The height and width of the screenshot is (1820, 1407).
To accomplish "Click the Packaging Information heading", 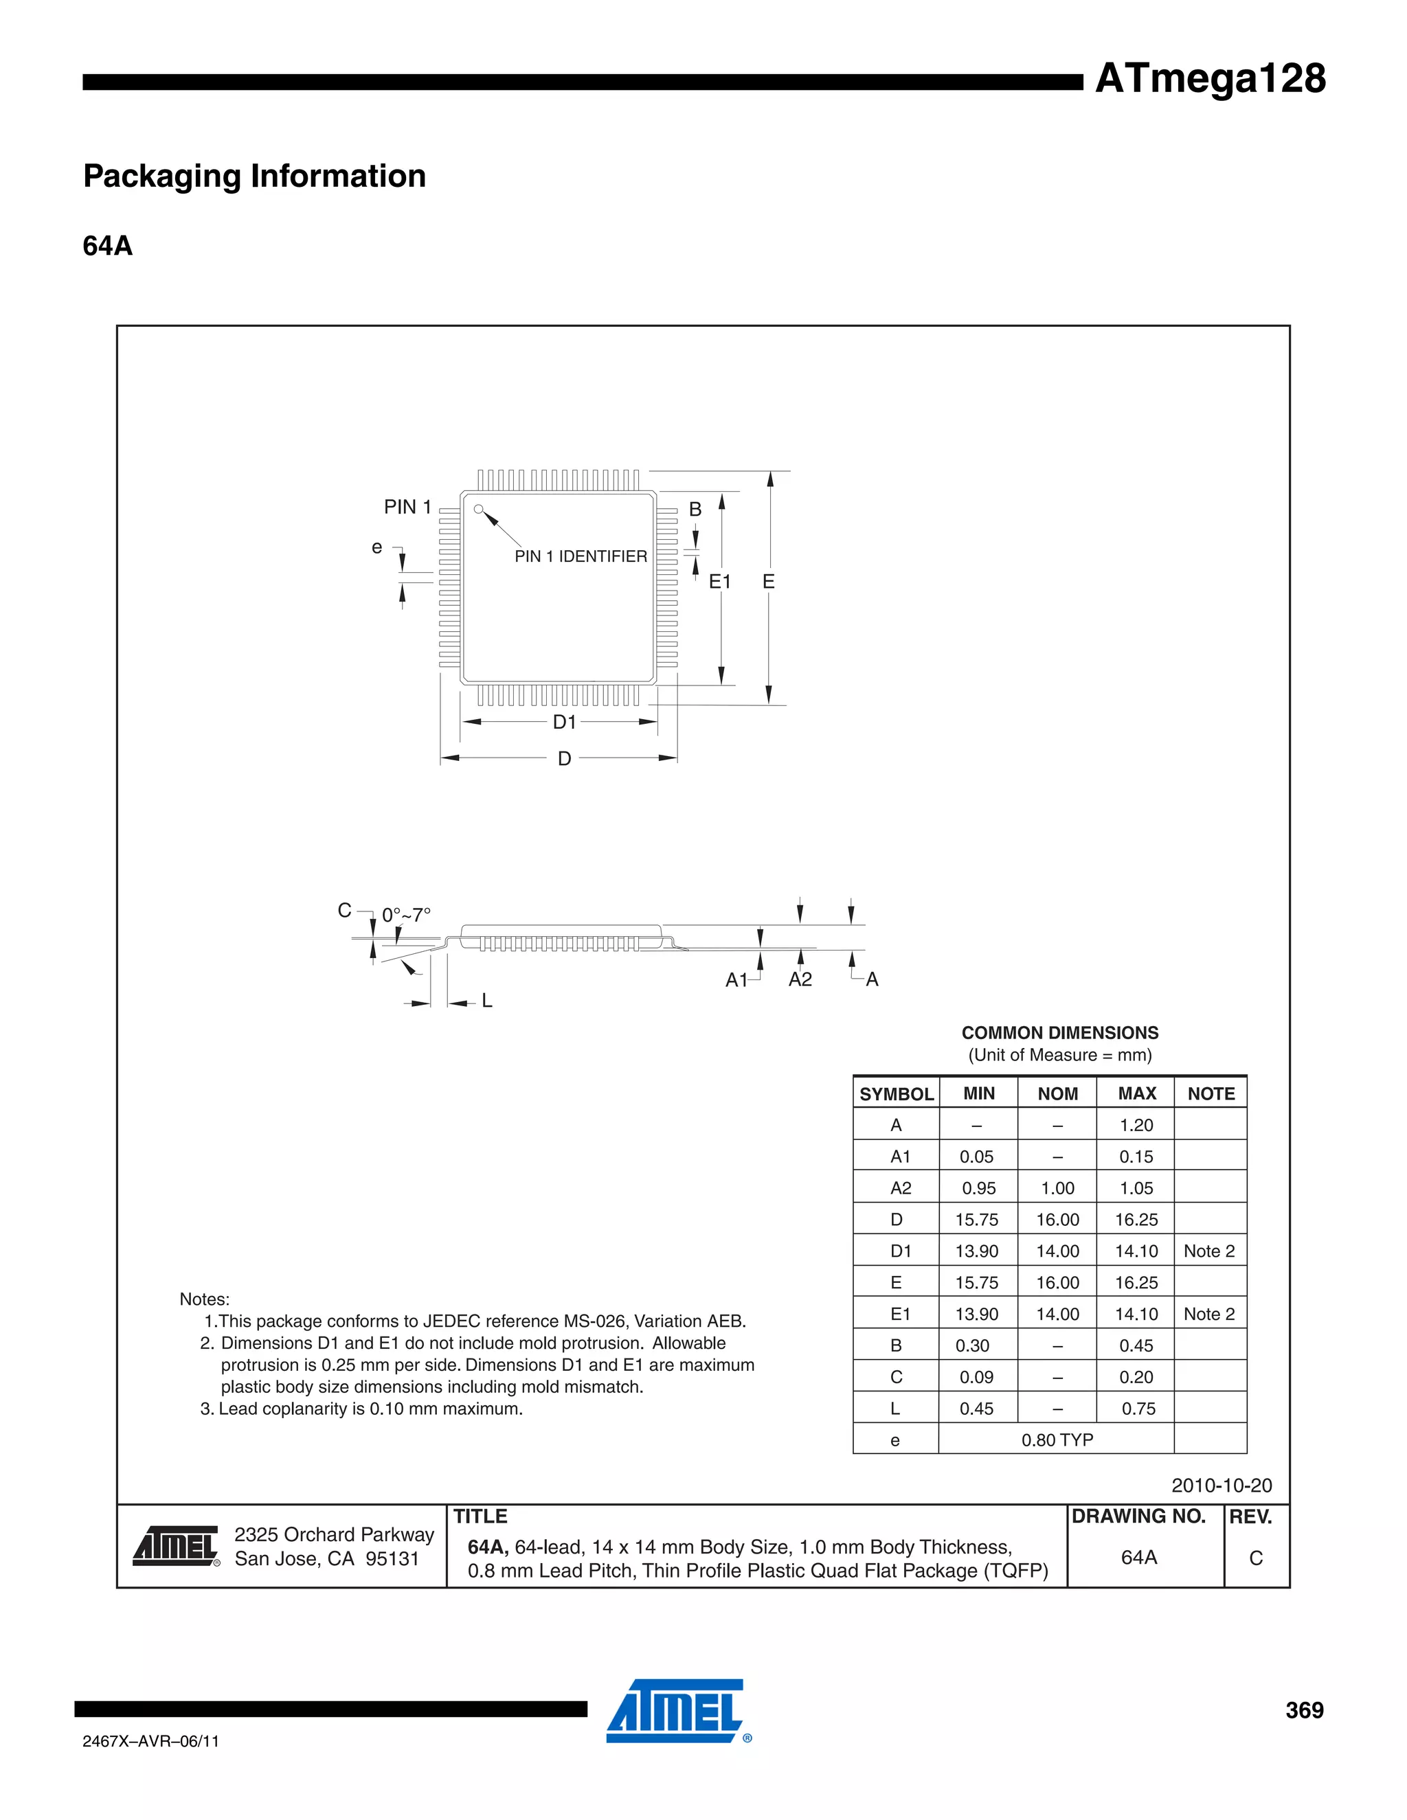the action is click(x=254, y=176).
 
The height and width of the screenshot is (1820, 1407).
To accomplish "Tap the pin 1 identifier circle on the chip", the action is click(x=478, y=509).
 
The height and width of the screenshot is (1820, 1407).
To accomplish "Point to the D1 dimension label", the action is click(x=564, y=722).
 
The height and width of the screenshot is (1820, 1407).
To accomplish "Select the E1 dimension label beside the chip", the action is click(x=719, y=582).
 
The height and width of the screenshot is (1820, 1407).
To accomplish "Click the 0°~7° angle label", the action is click(x=406, y=915).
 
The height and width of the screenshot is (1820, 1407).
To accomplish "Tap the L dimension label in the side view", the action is click(x=487, y=1000).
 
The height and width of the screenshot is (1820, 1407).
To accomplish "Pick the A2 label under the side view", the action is click(x=800, y=979).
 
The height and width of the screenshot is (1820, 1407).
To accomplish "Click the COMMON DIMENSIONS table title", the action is click(x=1059, y=1032).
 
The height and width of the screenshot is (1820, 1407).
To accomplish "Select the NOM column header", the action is click(x=1058, y=1093).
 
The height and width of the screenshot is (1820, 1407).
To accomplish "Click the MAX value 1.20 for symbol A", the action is click(x=1136, y=1125).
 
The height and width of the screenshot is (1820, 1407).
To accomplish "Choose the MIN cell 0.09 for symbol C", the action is click(x=976, y=1376).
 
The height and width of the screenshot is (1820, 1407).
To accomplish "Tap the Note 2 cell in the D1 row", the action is click(x=1208, y=1251).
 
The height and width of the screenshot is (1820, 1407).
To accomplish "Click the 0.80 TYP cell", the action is click(x=1057, y=1440).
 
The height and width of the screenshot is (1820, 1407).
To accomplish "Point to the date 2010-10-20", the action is click(x=1221, y=1485).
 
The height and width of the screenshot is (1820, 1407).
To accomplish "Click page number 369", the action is click(x=1304, y=1710).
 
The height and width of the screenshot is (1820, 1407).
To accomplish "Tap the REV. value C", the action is click(x=1255, y=1558).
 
